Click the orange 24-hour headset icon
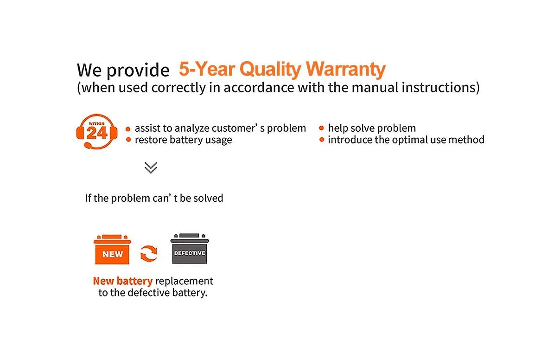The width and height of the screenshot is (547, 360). coord(96,132)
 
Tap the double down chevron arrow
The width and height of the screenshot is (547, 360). coord(151,167)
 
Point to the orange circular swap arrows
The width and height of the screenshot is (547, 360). coord(149,254)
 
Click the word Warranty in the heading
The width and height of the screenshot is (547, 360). coord(345,70)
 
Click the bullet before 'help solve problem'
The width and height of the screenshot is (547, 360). coord(322,128)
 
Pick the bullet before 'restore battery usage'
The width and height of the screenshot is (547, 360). coord(128,140)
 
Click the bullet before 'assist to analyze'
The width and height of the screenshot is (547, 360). coord(128,128)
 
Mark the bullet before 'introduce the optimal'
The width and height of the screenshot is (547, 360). coord(322,140)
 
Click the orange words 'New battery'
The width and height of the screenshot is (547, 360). coord(123,281)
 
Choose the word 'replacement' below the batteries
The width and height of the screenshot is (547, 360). coord(184,281)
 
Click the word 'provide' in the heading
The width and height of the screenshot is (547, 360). coord(139,71)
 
